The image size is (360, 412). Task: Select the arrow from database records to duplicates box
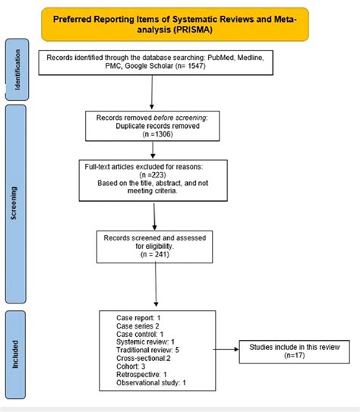[154, 95]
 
